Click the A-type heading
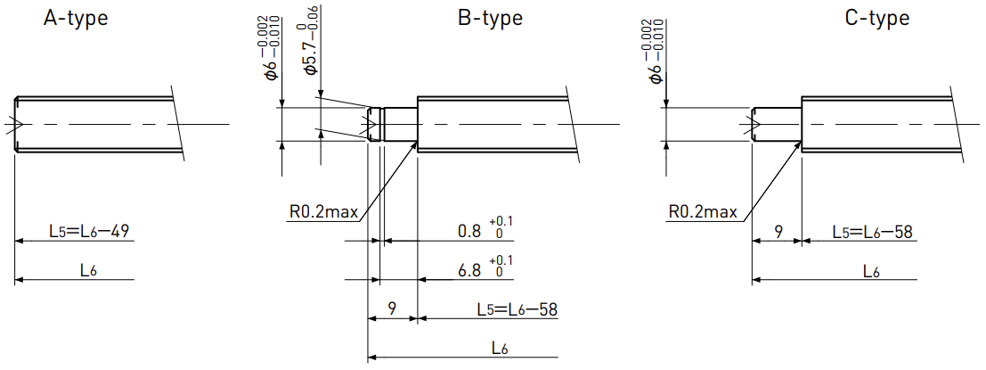point(76,18)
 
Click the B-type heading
point(490,18)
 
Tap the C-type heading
point(876,18)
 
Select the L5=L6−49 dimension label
point(89,232)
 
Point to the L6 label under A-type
point(87,270)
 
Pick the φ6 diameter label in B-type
point(273,46)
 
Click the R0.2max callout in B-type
point(324,212)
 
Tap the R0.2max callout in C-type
point(703,212)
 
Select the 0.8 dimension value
point(469,232)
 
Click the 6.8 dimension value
point(469,270)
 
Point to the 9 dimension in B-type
point(392,309)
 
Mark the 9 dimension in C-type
point(778,232)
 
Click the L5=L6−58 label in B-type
point(517,309)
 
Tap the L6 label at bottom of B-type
point(501,349)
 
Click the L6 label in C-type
point(872,271)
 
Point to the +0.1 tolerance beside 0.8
point(504,221)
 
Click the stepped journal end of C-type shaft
point(778,124)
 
